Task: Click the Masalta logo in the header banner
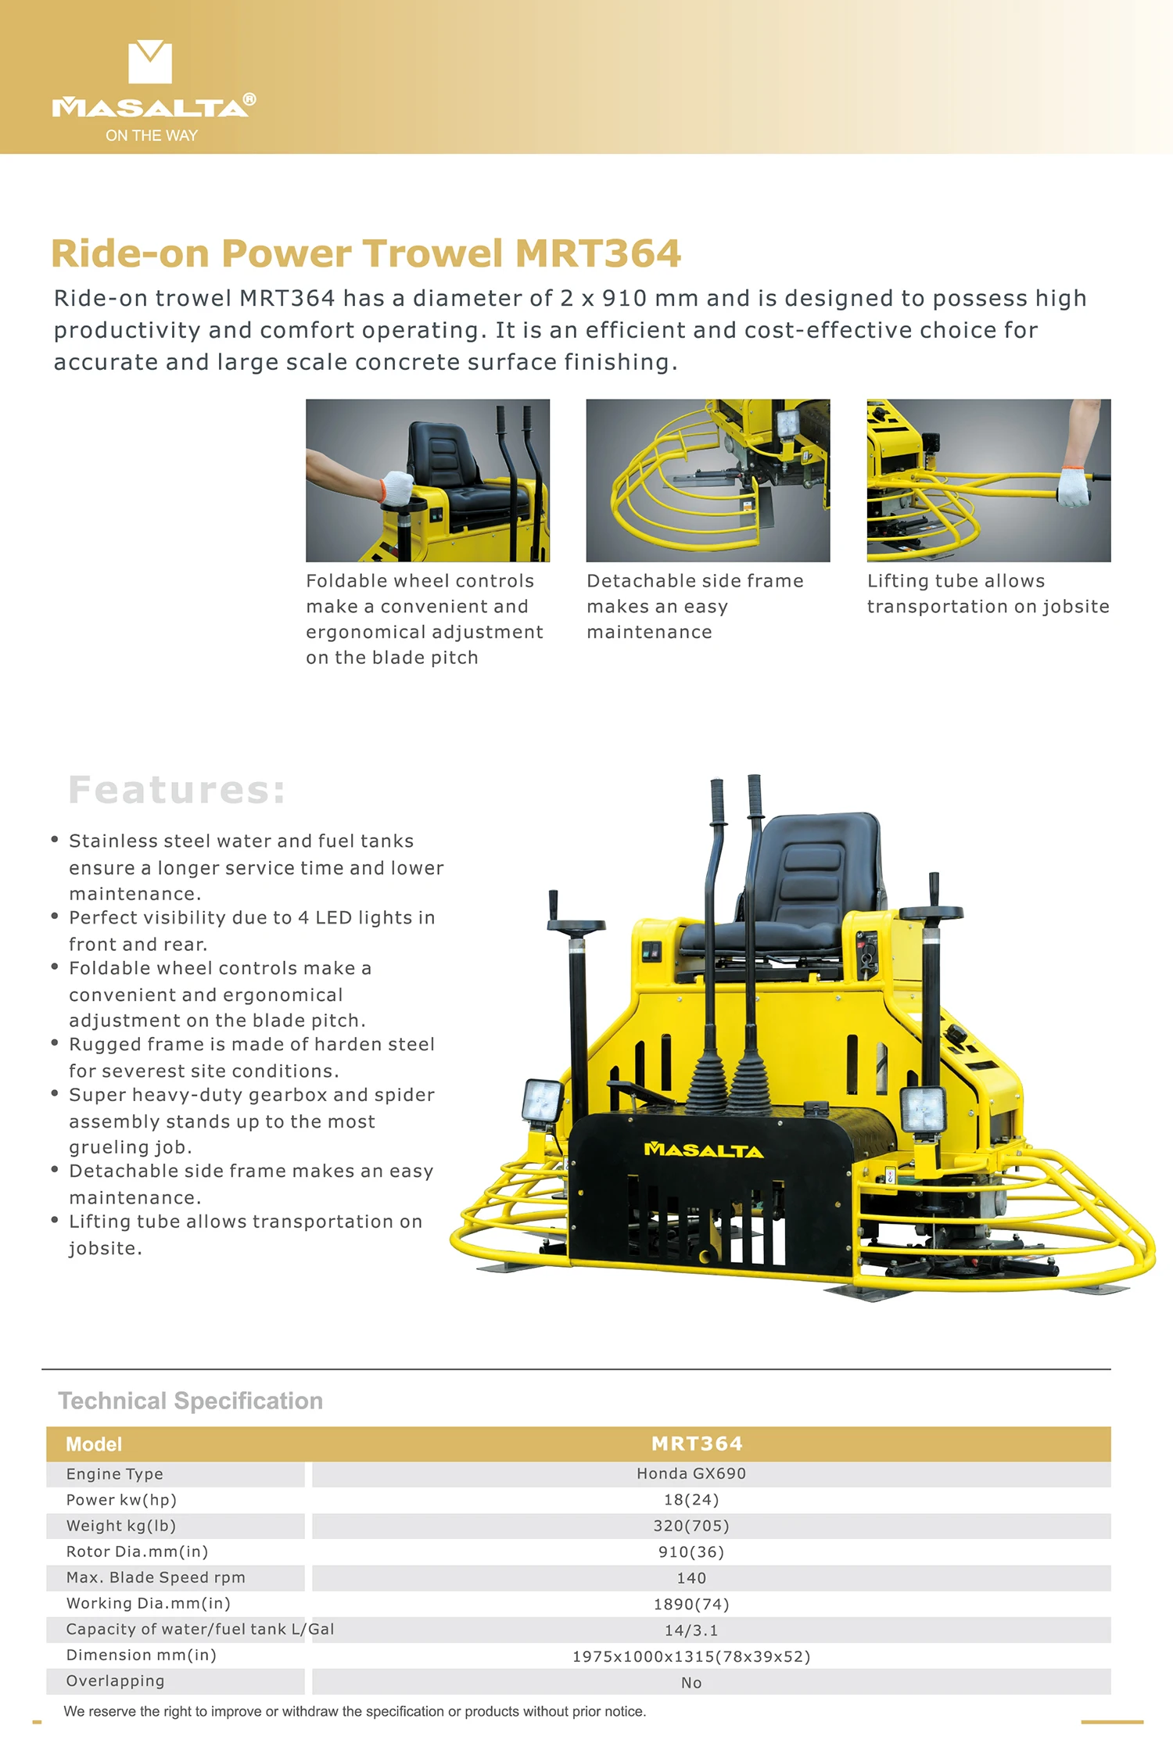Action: pos(153,90)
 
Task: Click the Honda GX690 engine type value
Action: pos(691,1473)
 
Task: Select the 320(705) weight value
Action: pos(691,1526)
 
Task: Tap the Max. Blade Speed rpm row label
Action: pos(156,1577)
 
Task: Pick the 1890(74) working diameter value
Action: pos(691,1604)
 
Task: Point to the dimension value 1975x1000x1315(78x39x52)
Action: pos(691,1656)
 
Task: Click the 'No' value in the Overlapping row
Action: pos(691,1682)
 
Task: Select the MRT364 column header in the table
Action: pos(697,1444)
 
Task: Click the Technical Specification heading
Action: pos(191,1401)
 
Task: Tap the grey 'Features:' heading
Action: pos(177,790)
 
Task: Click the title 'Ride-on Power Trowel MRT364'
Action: pos(366,253)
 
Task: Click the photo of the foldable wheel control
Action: pos(428,480)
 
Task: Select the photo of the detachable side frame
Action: pos(708,480)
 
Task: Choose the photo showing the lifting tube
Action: pos(988,480)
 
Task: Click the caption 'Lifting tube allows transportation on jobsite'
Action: pos(988,594)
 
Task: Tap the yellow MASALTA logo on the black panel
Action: pos(703,1150)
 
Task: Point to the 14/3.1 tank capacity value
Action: pos(691,1631)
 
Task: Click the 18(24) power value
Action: pos(691,1500)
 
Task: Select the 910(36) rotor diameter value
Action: pos(691,1552)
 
